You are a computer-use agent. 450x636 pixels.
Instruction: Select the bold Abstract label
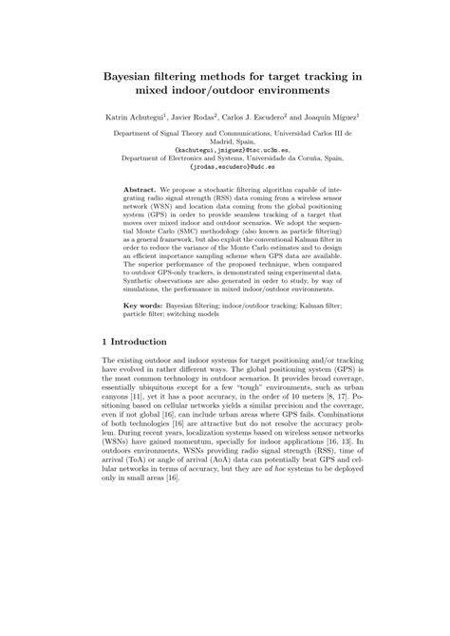[143, 190]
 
